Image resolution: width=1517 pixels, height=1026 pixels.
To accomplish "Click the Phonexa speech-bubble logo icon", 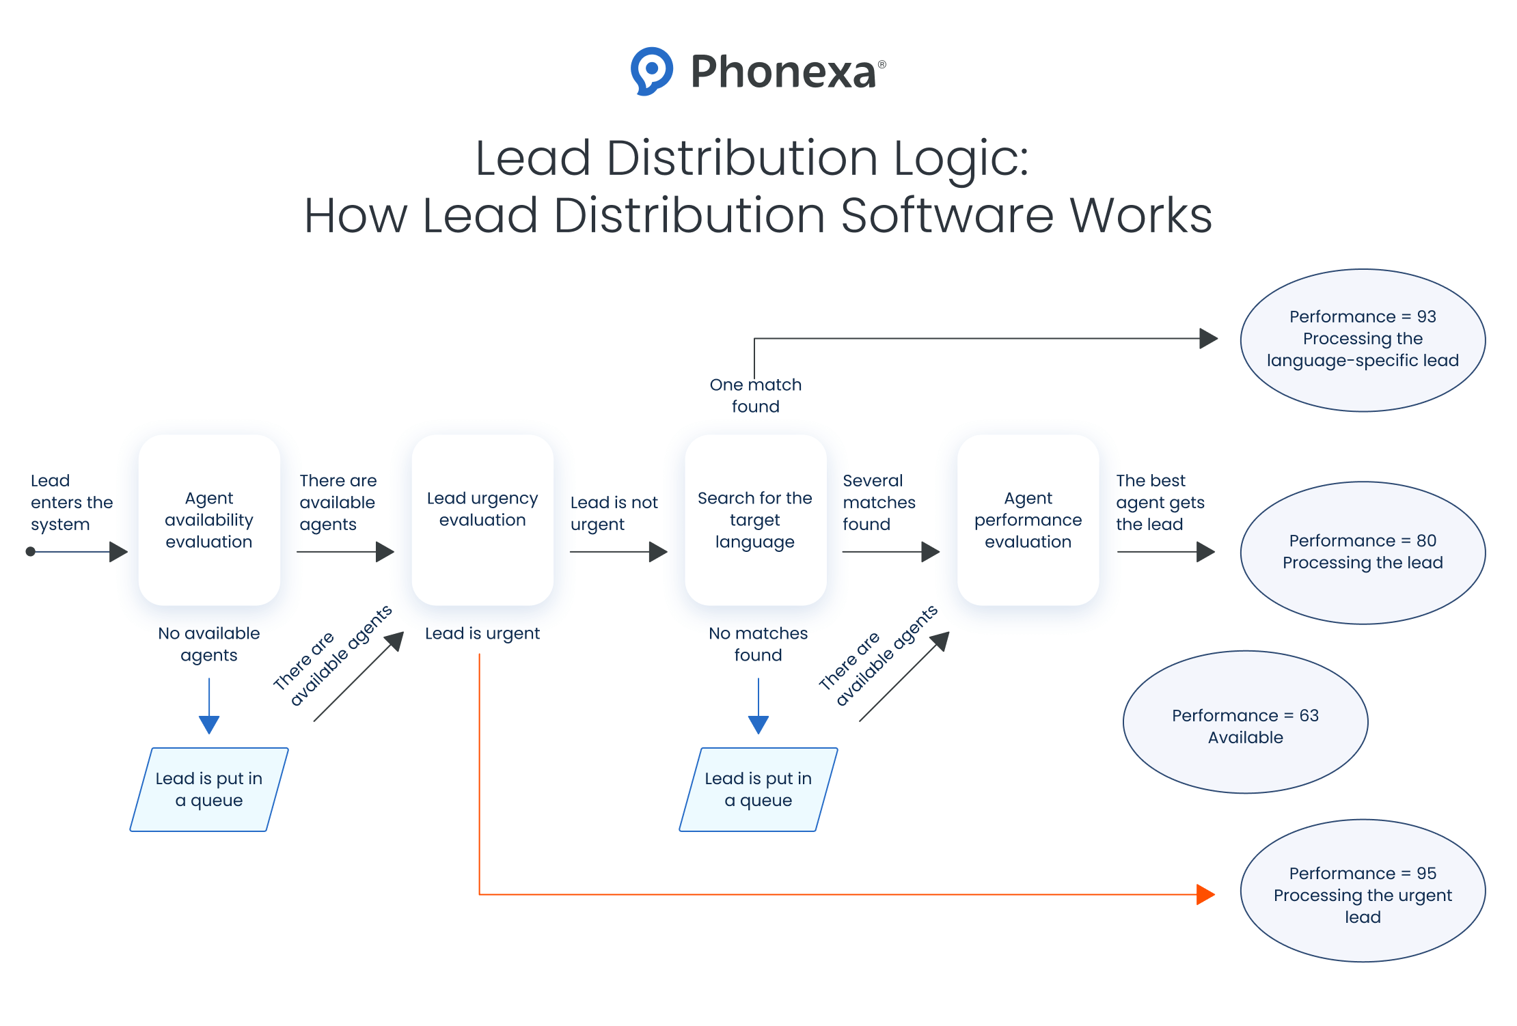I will tap(651, 70).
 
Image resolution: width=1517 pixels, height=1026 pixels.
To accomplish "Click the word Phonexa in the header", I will tap(783, 72).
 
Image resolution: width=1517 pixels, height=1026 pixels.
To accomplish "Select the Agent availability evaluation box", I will tap(209, 520).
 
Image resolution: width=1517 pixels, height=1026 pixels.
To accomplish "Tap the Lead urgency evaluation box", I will tap(482, 520).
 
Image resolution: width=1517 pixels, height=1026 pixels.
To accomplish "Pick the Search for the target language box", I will tap(755, 520).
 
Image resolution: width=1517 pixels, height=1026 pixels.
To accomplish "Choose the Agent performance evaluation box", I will tap(1028, 520).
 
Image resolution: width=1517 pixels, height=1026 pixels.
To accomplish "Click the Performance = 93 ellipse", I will tap(1363, 339).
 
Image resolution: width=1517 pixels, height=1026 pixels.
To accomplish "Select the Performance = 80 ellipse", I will tap(1363, 552).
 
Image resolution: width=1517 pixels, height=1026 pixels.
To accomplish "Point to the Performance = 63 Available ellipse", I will tap(1245, 721).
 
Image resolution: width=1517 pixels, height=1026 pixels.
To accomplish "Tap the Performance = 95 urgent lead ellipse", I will tap(1363, 891).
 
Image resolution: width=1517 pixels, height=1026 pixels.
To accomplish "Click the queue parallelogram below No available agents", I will tap(209, 789).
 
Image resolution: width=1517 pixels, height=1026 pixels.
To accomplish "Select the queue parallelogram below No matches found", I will tap(758, 789).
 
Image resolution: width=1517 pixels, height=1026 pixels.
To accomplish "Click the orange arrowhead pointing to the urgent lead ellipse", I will tap(1205, 894).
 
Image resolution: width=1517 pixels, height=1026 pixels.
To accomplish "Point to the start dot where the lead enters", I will tap(31, 551).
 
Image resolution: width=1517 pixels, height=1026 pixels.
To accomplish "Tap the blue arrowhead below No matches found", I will tap(758, 724).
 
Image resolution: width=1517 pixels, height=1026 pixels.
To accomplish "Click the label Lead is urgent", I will tap(482, 633).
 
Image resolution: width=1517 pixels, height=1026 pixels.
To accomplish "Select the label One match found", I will tap(755, 396).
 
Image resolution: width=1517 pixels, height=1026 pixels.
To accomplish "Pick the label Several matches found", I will tap(879, 502).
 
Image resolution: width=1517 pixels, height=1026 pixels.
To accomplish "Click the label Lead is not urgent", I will tap(614, 513).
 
